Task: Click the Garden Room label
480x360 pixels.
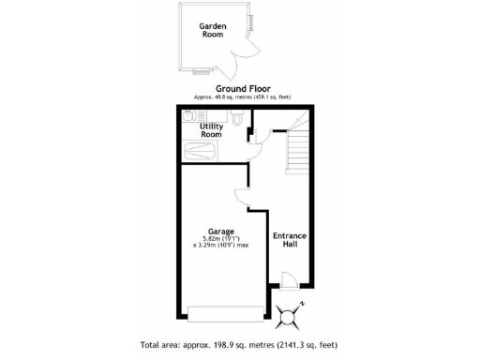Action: [x=211, y=31]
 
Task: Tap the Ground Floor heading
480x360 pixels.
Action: [x=244, y=88]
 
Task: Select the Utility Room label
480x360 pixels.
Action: [x=211, y=130]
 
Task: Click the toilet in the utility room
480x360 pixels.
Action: [x=238, y=118]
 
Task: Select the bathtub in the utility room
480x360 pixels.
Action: [x=199, y=152]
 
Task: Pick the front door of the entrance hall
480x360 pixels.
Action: [x=290, y=280]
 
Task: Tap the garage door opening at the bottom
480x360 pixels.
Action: [x=225, y=313]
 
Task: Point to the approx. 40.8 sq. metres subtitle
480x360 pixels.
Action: [x=244, y=97]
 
